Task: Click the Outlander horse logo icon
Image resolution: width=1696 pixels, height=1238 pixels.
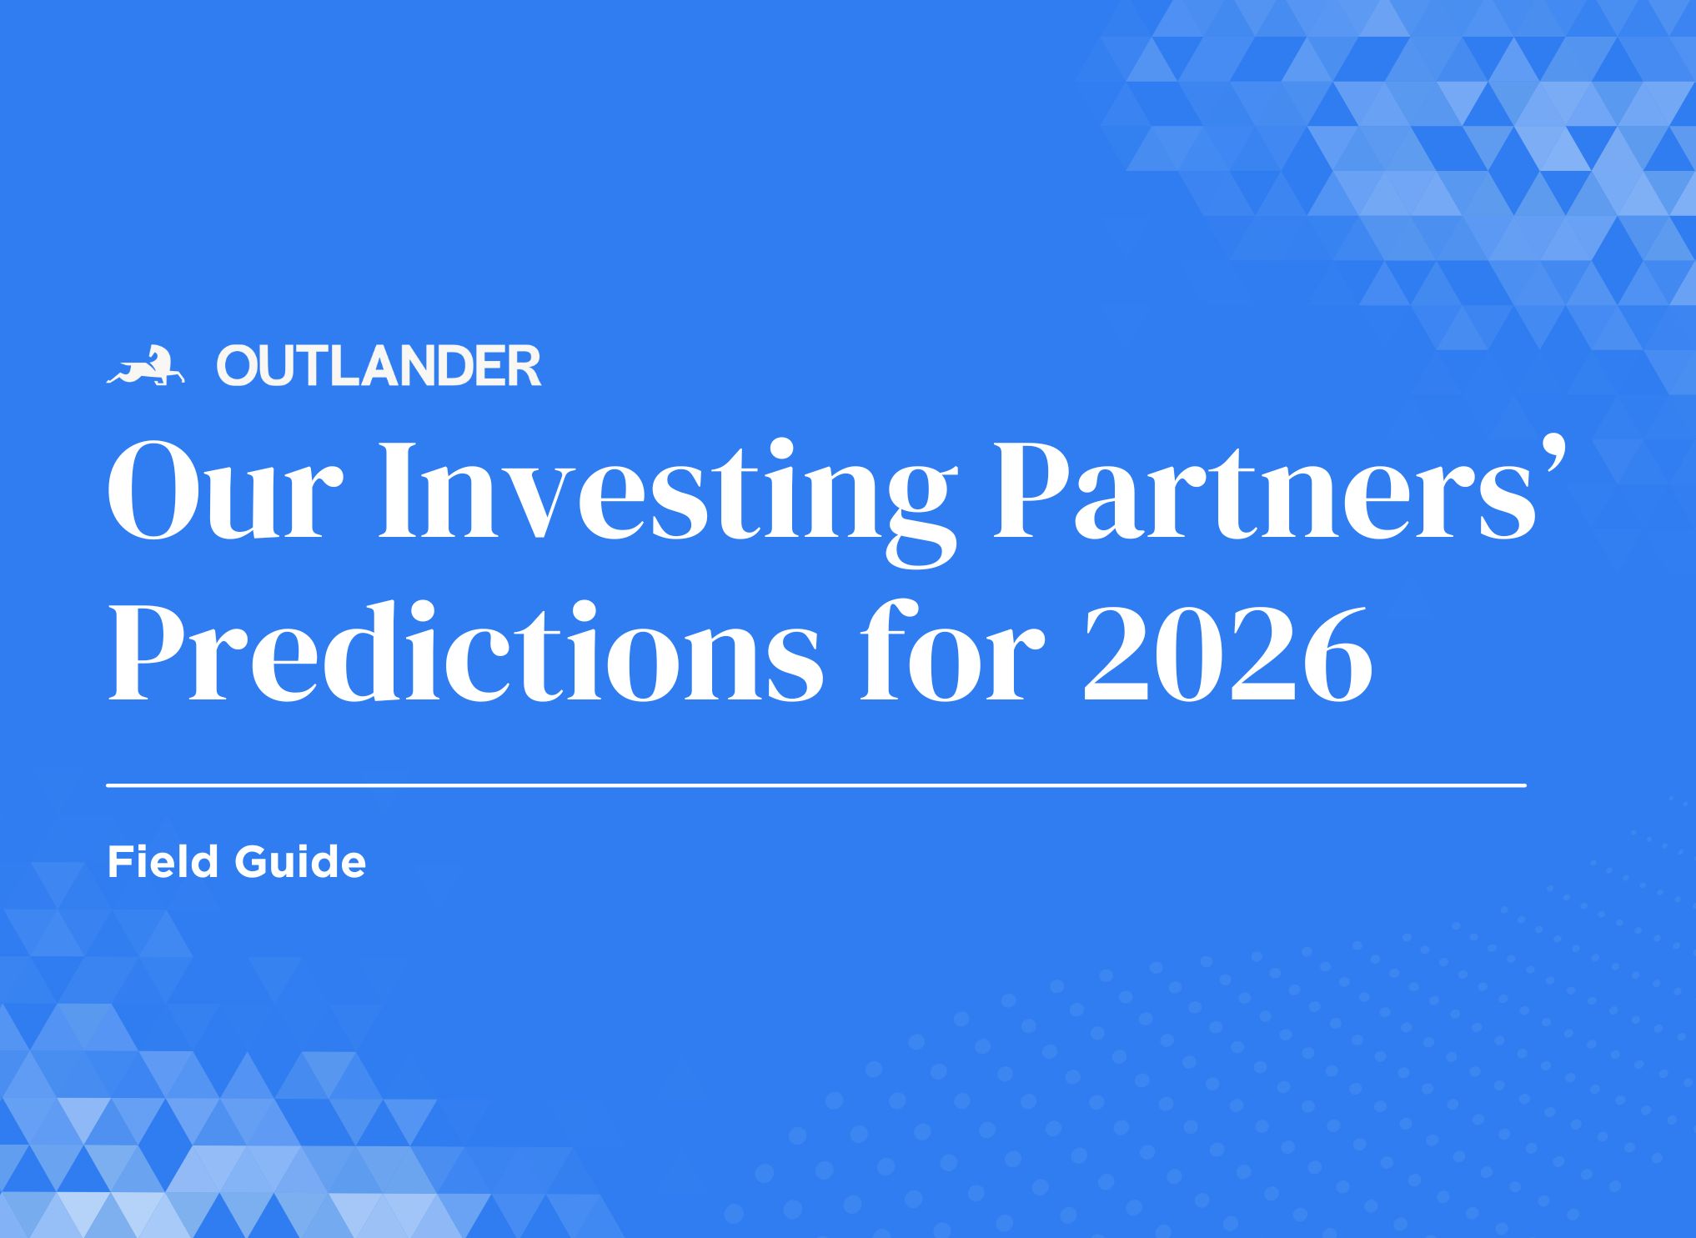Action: (x=145, y=366)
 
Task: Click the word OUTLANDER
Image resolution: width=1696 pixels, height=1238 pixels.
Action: (x=379, y=367)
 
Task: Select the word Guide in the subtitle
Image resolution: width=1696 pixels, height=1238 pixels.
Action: (x=300, y=861)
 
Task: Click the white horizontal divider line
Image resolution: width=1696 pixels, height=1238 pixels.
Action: (x=816, y=785)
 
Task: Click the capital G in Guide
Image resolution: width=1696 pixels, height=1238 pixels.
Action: (x=254, y=861)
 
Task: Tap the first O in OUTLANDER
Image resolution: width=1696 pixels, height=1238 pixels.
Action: (x=240, y=367)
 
